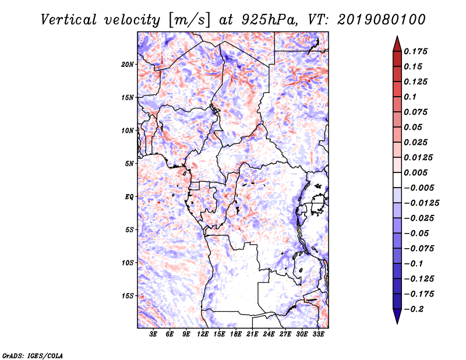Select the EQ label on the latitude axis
pos(129,197)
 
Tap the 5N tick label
pos(130,164)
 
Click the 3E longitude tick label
pos(154,334)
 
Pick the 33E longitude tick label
pos(319,334)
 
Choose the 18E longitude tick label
pos(236,334)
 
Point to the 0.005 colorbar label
pos(416,172)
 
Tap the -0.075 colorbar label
pos(418,248)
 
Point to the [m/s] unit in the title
pos(187,19)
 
